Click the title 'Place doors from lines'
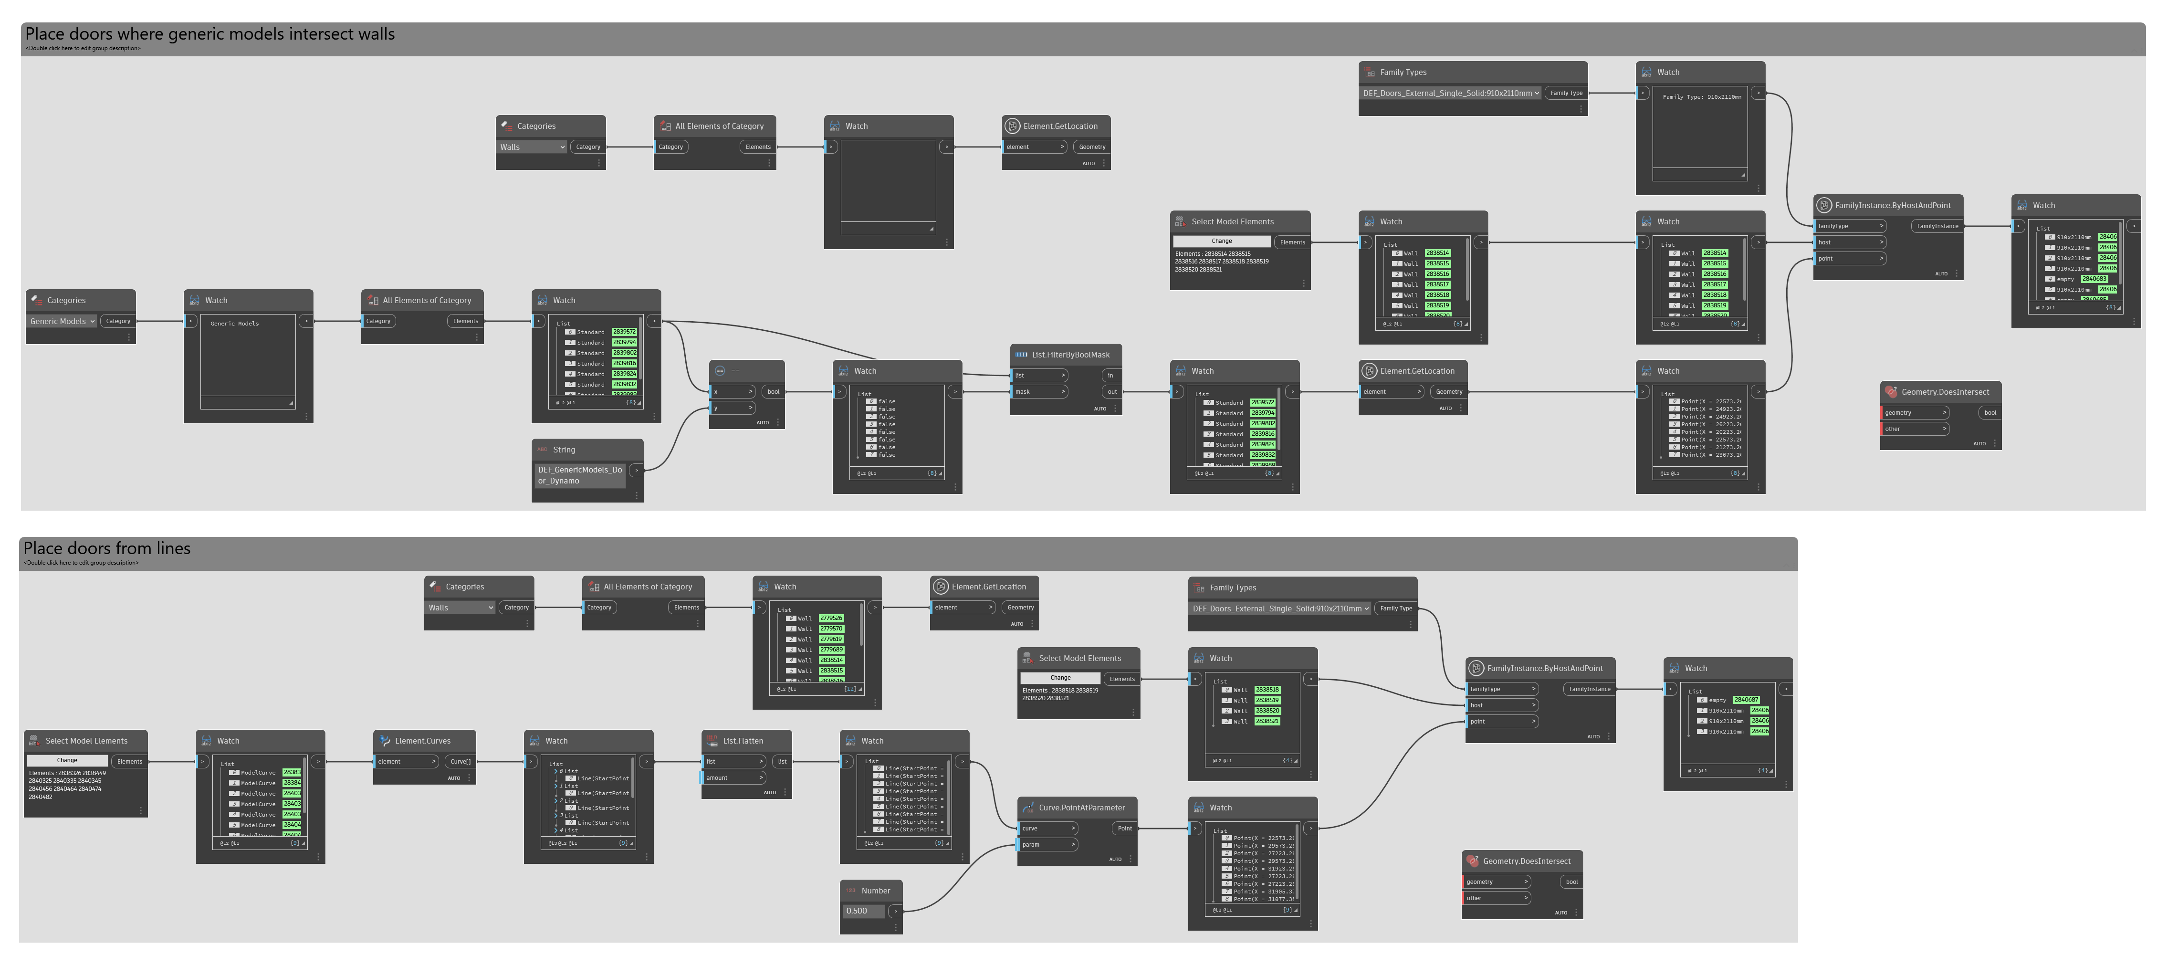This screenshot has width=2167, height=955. click(107, 548)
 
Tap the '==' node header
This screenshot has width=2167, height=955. click(735, 371)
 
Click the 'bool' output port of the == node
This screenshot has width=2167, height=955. click(773, 391)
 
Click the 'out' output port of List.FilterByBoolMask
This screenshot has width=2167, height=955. click(1112, 391)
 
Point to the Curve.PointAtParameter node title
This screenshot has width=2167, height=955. click(1081, 808)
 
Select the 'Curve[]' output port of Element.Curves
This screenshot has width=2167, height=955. click(460, 762)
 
